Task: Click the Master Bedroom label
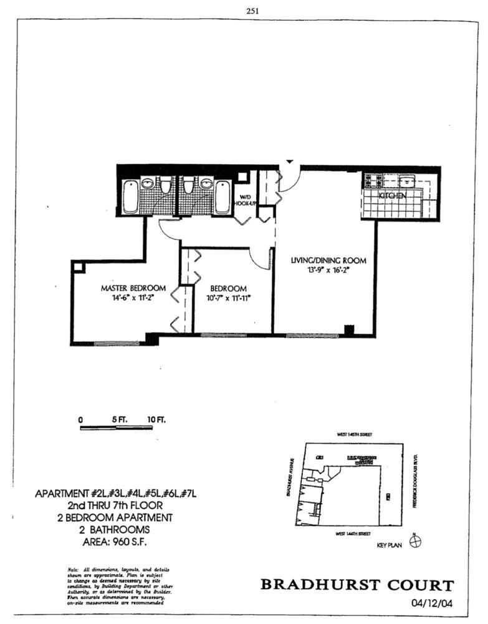(133, 288)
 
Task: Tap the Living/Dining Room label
(328, 260)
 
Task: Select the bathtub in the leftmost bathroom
(130, 197)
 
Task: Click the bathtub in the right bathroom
(222, 197)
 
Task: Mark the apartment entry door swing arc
(290, 178)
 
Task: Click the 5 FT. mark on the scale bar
(119, 420)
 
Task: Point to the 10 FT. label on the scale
(157, 420)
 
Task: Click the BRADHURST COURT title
(356, 585)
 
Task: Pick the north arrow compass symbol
(416, 541)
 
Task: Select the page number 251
(253, 10)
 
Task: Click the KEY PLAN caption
(390, 545)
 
